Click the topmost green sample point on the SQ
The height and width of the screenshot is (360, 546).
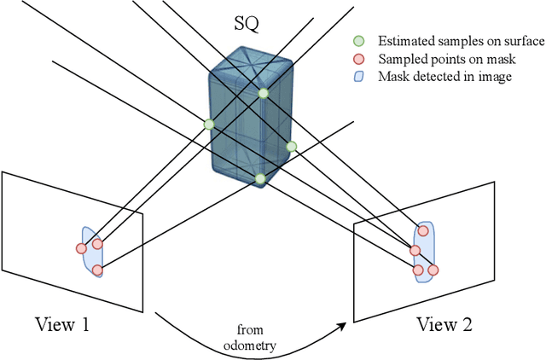[x=264, y=93]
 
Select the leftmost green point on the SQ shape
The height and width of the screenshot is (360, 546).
[x=209, y=124]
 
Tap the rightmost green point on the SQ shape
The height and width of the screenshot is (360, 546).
[x=291, y=147]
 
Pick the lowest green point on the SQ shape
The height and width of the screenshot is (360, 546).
[x=260, y=178]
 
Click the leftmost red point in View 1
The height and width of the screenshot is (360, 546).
[x=82, y=248]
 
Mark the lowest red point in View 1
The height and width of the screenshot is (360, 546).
[x=97, y=270]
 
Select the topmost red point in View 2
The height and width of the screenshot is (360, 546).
[x=423, y=231]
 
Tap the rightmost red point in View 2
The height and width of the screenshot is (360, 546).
[x=433, y=270]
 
